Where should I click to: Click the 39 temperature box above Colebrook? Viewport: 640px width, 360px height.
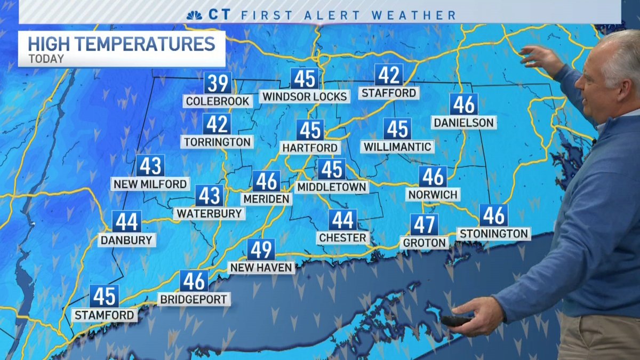click(x=218, y=84)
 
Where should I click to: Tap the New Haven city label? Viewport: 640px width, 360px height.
click(x=261, y=267)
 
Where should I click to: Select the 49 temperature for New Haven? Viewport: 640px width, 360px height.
click(x=261, y=250)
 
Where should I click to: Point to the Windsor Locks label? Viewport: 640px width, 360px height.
click(x=305, y=97)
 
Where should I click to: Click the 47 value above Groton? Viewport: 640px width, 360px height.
click(x=424, y=225)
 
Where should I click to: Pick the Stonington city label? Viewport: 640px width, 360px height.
click(x=494, y=234)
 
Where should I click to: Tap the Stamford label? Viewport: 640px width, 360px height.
click(x=104, y=315)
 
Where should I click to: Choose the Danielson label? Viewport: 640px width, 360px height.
click(x=463, y=123)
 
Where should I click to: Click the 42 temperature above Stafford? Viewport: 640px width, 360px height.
click(x=388, y=75)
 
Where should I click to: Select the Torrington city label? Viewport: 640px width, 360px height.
click(x=217, y=142)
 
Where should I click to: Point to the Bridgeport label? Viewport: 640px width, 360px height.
click(x=194, y=299)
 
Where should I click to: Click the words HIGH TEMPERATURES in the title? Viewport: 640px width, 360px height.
click(x=121, y=43)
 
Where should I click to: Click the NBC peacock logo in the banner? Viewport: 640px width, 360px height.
click(x=194, y=15)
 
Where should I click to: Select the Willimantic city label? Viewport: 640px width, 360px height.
click(x=397, y=146)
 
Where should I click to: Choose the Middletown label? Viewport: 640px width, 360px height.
click(x=332, y=187)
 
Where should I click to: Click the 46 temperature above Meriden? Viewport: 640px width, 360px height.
click(x=266, y=181)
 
